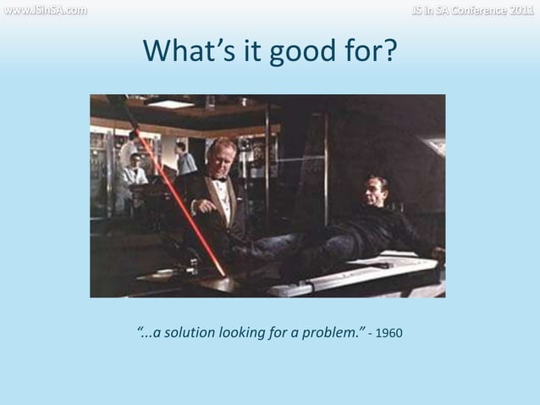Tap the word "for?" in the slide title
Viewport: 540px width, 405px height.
point(372,54)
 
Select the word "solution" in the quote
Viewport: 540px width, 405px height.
point(187,330)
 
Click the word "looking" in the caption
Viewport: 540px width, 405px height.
point(244,330)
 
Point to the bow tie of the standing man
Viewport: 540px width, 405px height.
point(220,180)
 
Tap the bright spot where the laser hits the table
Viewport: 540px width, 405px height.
point(222,273)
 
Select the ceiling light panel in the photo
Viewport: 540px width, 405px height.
point(173,104)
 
